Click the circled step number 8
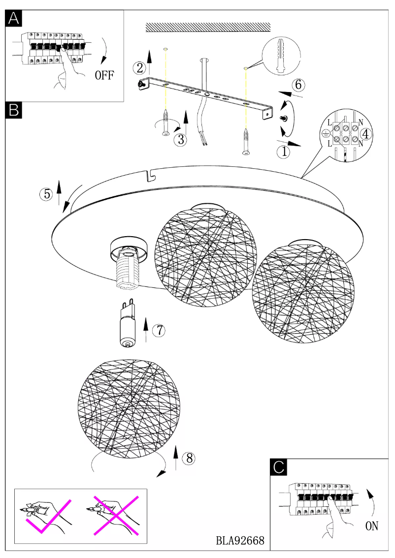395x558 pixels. click(188, 458)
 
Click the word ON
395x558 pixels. click(371, 526)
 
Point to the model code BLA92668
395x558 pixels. click(240, 540)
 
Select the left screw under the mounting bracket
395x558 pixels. click(166, 122)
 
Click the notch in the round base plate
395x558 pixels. click(150, 173)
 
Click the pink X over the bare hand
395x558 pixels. click(114, 515)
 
